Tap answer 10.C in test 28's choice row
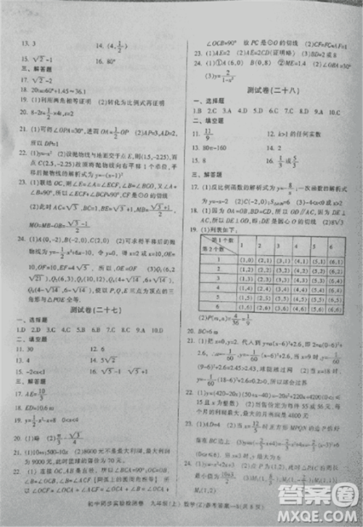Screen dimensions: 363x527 coord(335,110)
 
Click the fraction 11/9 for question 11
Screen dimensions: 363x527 coord(210,134)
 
